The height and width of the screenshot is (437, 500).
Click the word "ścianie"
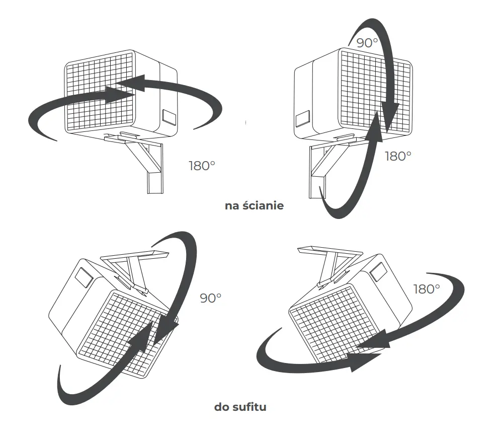coord(263,205)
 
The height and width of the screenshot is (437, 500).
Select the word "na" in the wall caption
coord(232,206)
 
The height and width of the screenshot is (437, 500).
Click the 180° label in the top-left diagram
coord(202,166)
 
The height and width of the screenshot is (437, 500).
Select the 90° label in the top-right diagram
coord(367,43)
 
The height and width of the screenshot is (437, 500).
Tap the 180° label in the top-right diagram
coord(398,156)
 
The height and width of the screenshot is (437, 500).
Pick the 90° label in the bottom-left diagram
coord(210,298)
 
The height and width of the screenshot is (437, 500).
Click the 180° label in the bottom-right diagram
coord(427,289)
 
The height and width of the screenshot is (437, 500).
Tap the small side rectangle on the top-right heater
coord(303,118)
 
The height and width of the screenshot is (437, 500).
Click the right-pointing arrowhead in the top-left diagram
coord(121,94)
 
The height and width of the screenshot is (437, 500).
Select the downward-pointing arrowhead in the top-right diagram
coord(390,116)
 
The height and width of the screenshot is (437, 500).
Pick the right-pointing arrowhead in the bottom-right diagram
coord(365,362)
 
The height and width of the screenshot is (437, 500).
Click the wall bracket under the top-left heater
coord(140,161)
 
